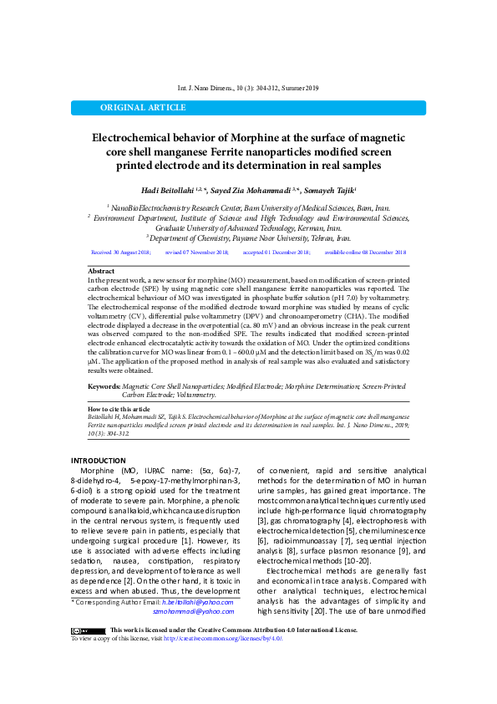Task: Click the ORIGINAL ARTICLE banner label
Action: pyautogui.click(x=143, y=108)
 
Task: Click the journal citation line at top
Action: pyautogui.click(x=249, y=88)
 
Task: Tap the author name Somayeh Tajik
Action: pyautogui.click(x=331, y=190)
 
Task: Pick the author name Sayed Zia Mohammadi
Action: pyautogui.click(x=256, y=190)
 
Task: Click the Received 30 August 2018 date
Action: pyautogui.click(x=121, y=252)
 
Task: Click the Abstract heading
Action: pyautogui.click(x=101, y=272)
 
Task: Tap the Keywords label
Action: pyautogui.click(x=104, y=386)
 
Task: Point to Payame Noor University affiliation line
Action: pyautogui.click(x=248, y=237)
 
